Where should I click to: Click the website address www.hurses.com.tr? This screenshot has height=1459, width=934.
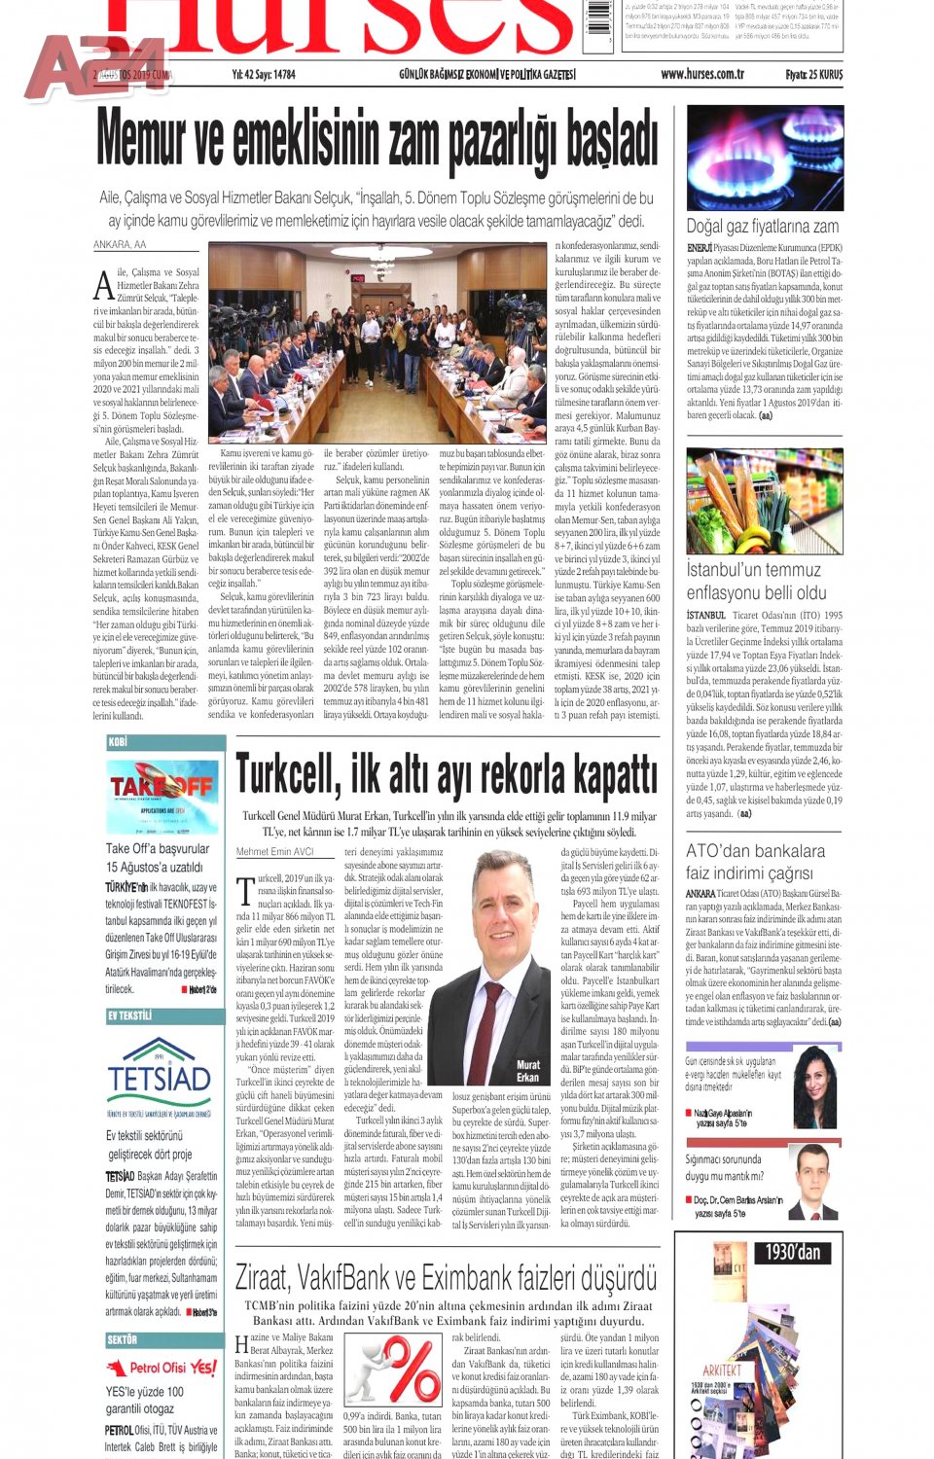pos(701,74)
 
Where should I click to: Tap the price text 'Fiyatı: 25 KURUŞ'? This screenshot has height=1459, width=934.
pos(813,74)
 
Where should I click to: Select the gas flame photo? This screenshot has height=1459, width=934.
pos(765,158)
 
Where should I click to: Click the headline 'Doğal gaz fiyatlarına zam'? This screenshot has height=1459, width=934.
pos(762,226)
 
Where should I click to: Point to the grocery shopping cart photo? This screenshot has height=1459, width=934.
pos(765,500)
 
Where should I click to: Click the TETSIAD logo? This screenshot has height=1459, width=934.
pos(160,1074)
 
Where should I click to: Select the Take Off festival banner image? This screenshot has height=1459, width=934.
pos(162,796)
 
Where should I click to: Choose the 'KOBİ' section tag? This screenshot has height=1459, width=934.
pos(118,741)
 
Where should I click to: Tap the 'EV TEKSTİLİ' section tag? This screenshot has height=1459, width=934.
pos(129,1015)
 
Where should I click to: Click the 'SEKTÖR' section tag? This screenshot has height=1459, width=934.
pos(122,1339)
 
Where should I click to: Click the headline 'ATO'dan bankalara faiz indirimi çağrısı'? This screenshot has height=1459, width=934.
pos(755,862)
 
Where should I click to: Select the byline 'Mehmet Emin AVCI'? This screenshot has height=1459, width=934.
pos(274,851)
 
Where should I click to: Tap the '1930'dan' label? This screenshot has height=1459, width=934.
pos(792,1252)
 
